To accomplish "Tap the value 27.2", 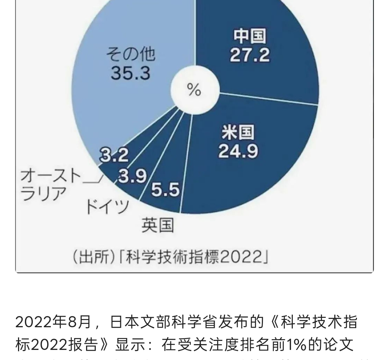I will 250,55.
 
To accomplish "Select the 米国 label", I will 238,132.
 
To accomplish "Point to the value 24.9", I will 238,151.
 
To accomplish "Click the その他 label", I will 130,54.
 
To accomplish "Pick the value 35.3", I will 130,73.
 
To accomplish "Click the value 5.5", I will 165,189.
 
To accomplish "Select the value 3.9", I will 133,176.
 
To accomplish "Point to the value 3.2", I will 114,155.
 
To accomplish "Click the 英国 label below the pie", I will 157,225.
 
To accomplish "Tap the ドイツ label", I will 107,206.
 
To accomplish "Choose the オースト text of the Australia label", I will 50,176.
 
